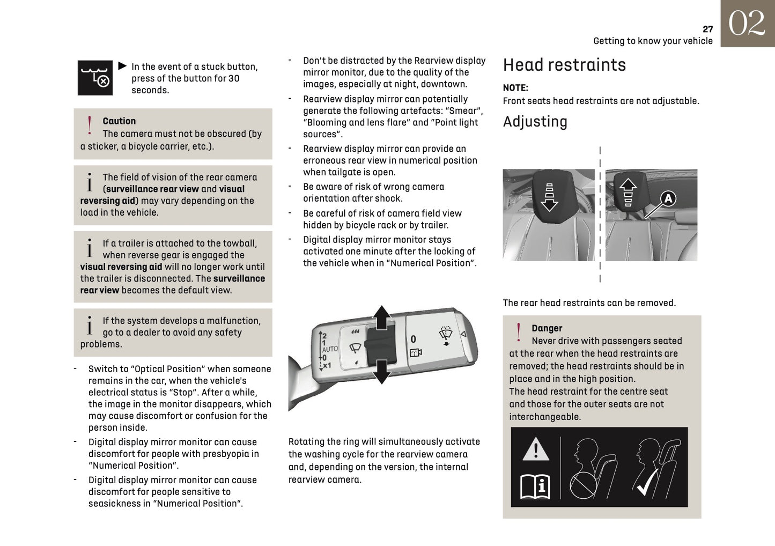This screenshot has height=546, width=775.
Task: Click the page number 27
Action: coord(707,29)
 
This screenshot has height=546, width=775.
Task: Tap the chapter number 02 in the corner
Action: coord(747,24)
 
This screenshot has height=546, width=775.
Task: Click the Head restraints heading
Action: coord(564,65)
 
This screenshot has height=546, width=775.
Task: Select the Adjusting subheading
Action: coord(535,122)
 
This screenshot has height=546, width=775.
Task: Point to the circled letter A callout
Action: coord(668,199)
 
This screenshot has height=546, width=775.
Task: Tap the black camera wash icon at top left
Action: coord(95,78)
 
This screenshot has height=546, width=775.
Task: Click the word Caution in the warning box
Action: coord(119,121)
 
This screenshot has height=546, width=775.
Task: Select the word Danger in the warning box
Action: coord(547,328)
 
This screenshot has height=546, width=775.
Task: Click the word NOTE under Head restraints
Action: coord(515,88)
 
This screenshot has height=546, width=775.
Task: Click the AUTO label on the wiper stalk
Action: coord(330,349)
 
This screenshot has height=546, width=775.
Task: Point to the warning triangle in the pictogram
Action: coord(535,449)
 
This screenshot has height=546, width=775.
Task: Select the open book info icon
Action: coord(535,486)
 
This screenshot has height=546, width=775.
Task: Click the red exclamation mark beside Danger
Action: coord(518,333)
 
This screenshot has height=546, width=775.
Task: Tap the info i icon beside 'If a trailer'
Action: coord(90,248)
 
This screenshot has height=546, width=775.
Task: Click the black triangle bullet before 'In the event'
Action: coord(122,66)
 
